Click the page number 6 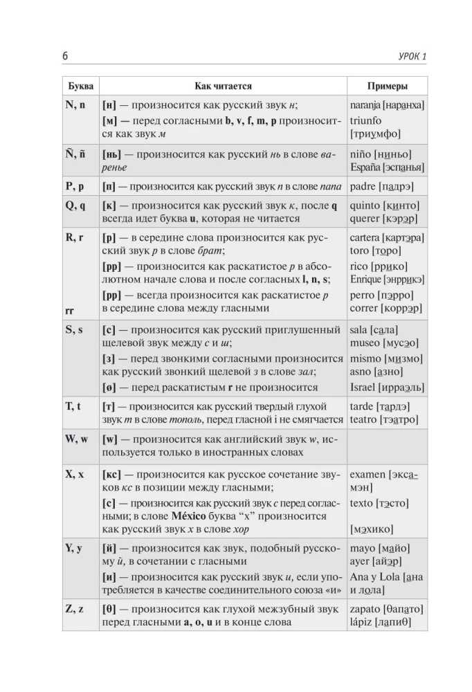66,55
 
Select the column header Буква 80,86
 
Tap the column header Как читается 222,86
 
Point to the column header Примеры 387,86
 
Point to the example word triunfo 366,120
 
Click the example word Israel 364,387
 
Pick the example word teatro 364,419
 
